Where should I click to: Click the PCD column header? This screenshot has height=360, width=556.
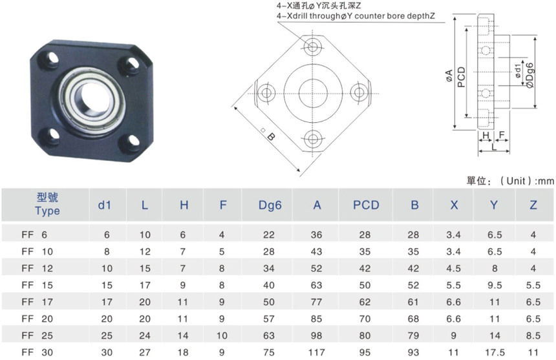(x=366, y=205)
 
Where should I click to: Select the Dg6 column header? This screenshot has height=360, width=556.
(x=270, y=205)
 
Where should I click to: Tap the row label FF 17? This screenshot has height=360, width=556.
(x=37, y=302)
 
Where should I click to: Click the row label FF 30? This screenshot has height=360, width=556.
(x=37, y=352)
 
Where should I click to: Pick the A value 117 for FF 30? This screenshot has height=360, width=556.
(x=316, y=352)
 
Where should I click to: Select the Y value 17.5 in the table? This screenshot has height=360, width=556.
(x=495, y=352)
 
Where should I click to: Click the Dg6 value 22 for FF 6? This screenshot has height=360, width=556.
(x=269, y=235)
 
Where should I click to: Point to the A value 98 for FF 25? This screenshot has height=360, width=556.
(x=316, y=335)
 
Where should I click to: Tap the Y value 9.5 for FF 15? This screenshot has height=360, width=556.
(x=495, y=285)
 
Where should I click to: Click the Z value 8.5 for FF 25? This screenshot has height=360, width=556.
(x=533, y=335)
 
